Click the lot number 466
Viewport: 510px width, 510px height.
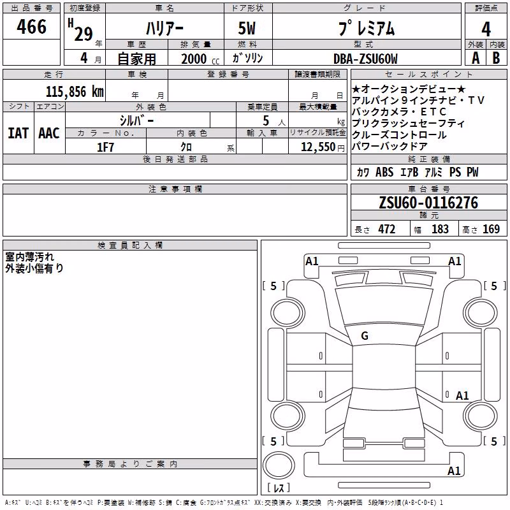click(x=31, y=27)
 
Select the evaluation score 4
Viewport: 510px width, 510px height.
click(x=486, y=29)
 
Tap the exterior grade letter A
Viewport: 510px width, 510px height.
click(x=476, y=58)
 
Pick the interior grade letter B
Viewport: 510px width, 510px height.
click(x=496, y=58)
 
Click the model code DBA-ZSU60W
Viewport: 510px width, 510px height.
click(x=365, y=59)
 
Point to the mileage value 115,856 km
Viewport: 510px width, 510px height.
click(x=75, y=92)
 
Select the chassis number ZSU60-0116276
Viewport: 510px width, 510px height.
click(x=428, y=203)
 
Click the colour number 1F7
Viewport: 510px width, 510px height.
click(x=105, y=147)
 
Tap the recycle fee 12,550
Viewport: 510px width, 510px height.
click(x=318, y=147)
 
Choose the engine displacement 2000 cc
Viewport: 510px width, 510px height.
click(x=200, y=59)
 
